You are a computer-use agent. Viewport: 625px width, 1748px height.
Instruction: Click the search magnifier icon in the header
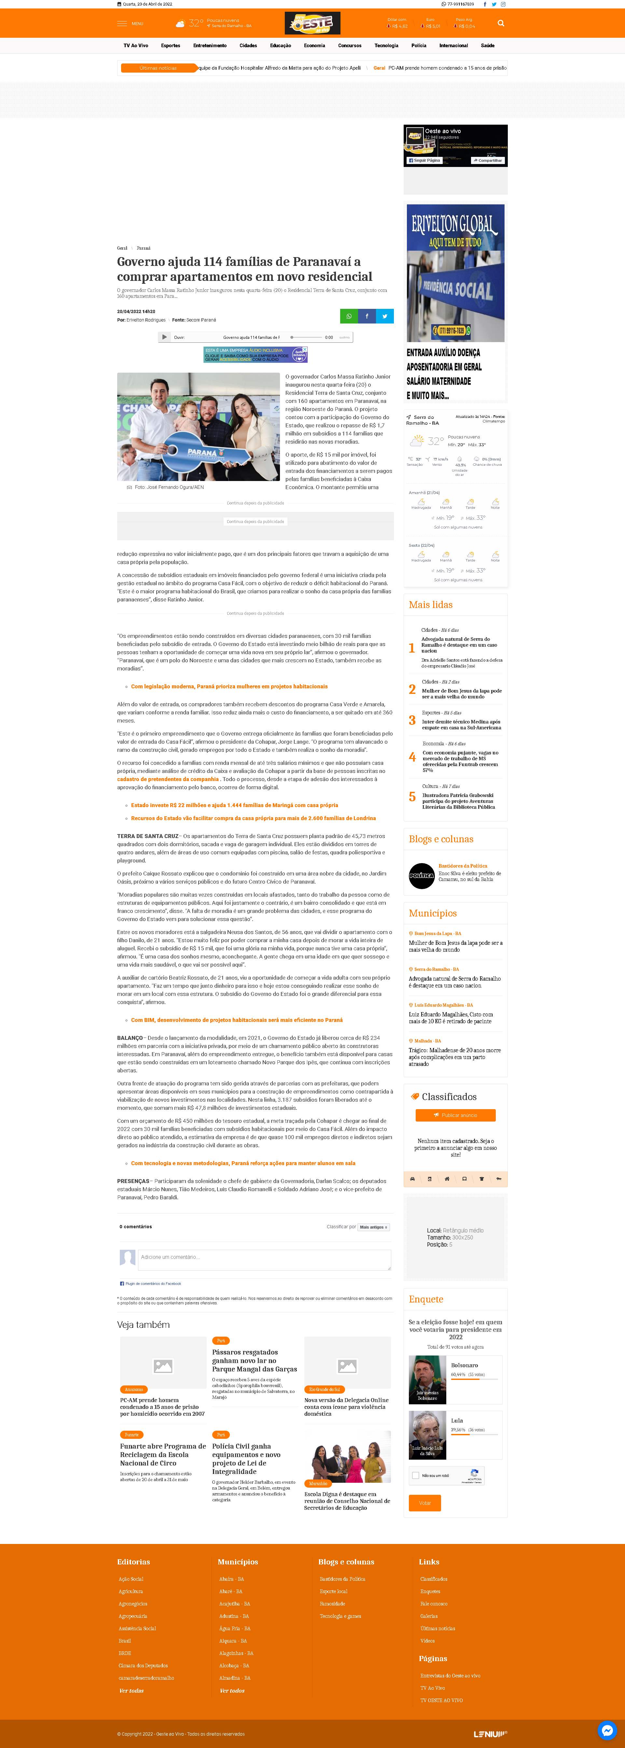tap(501, 23)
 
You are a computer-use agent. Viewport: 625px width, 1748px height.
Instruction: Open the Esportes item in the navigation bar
tap(170, 46)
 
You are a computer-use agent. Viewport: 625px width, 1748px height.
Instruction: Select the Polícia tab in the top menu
tap(419, 46)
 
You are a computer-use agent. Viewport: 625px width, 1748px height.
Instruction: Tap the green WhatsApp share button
tap(349, 316)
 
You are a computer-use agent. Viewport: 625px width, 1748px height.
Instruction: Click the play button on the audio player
tap(164, 337)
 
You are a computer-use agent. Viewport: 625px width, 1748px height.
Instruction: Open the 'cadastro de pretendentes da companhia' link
tap(168, 779)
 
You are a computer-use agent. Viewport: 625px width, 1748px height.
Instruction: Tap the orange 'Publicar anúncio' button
tap(455, 1115)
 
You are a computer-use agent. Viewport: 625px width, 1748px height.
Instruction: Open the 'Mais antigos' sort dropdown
tap(373, 1227)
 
